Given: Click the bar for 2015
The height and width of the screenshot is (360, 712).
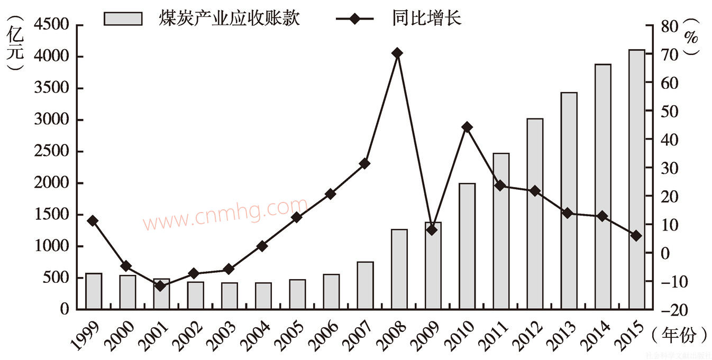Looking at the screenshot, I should point(637,180).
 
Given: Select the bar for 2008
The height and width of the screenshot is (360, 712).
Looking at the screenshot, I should point(399,270).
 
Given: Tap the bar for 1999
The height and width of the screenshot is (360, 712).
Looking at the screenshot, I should point(94,291).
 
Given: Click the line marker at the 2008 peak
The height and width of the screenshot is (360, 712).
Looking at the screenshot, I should point(397,53).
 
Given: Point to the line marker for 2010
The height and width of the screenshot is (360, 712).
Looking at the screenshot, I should point(467,127).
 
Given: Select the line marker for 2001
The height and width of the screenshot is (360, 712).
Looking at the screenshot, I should point(161,285).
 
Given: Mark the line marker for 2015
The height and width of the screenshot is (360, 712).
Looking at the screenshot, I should point(636,236).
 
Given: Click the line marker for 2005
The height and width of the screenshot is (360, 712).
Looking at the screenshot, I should point(297,217).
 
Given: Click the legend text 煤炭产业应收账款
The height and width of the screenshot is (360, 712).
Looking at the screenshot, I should point(230,19).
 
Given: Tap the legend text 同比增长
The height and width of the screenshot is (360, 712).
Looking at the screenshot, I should point(427,19).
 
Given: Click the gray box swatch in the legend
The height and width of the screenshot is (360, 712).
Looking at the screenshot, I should point(123,19).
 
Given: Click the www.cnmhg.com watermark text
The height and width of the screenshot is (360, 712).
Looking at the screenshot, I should point(225,214).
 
